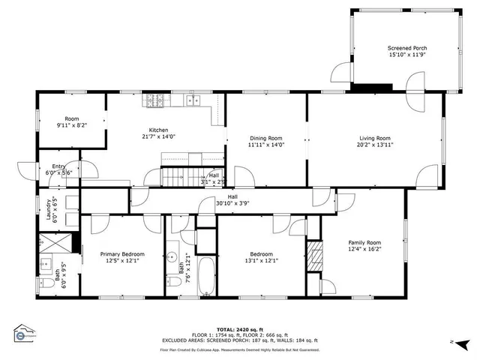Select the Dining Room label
pyautogui.click(x=265, y=138)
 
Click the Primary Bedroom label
pyautogui.click(x=122, y=254)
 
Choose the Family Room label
pyautogui.click(x=364, y=243)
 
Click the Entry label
pyautogui.click(x=58, y=166)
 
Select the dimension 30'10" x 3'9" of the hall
pyautogui.click(x=232, y=203)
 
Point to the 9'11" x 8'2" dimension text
pyautogui.click(x=71, y=126)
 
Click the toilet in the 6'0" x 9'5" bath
pyautogui.click(x=43, y=285)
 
